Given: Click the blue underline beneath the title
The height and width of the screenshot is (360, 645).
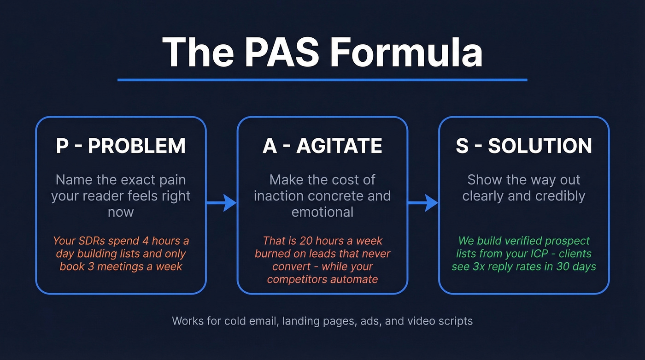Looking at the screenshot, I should pos(322,80).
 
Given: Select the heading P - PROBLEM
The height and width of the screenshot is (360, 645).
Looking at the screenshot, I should pos(121,146).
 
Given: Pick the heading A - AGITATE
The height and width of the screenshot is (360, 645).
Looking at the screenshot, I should pos(322,146).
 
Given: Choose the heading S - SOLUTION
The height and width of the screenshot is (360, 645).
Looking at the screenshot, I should pos(524,146).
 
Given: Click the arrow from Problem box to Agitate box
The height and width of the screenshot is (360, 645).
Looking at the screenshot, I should pos(222,202).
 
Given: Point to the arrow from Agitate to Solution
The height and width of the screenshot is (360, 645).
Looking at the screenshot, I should pos(423,202).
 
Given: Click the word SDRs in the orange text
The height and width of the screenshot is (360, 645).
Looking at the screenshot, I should pos(92,241).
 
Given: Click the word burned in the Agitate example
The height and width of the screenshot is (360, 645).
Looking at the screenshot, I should pos(270,254).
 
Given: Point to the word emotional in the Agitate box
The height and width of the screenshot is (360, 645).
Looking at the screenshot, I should pos(322,212).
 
